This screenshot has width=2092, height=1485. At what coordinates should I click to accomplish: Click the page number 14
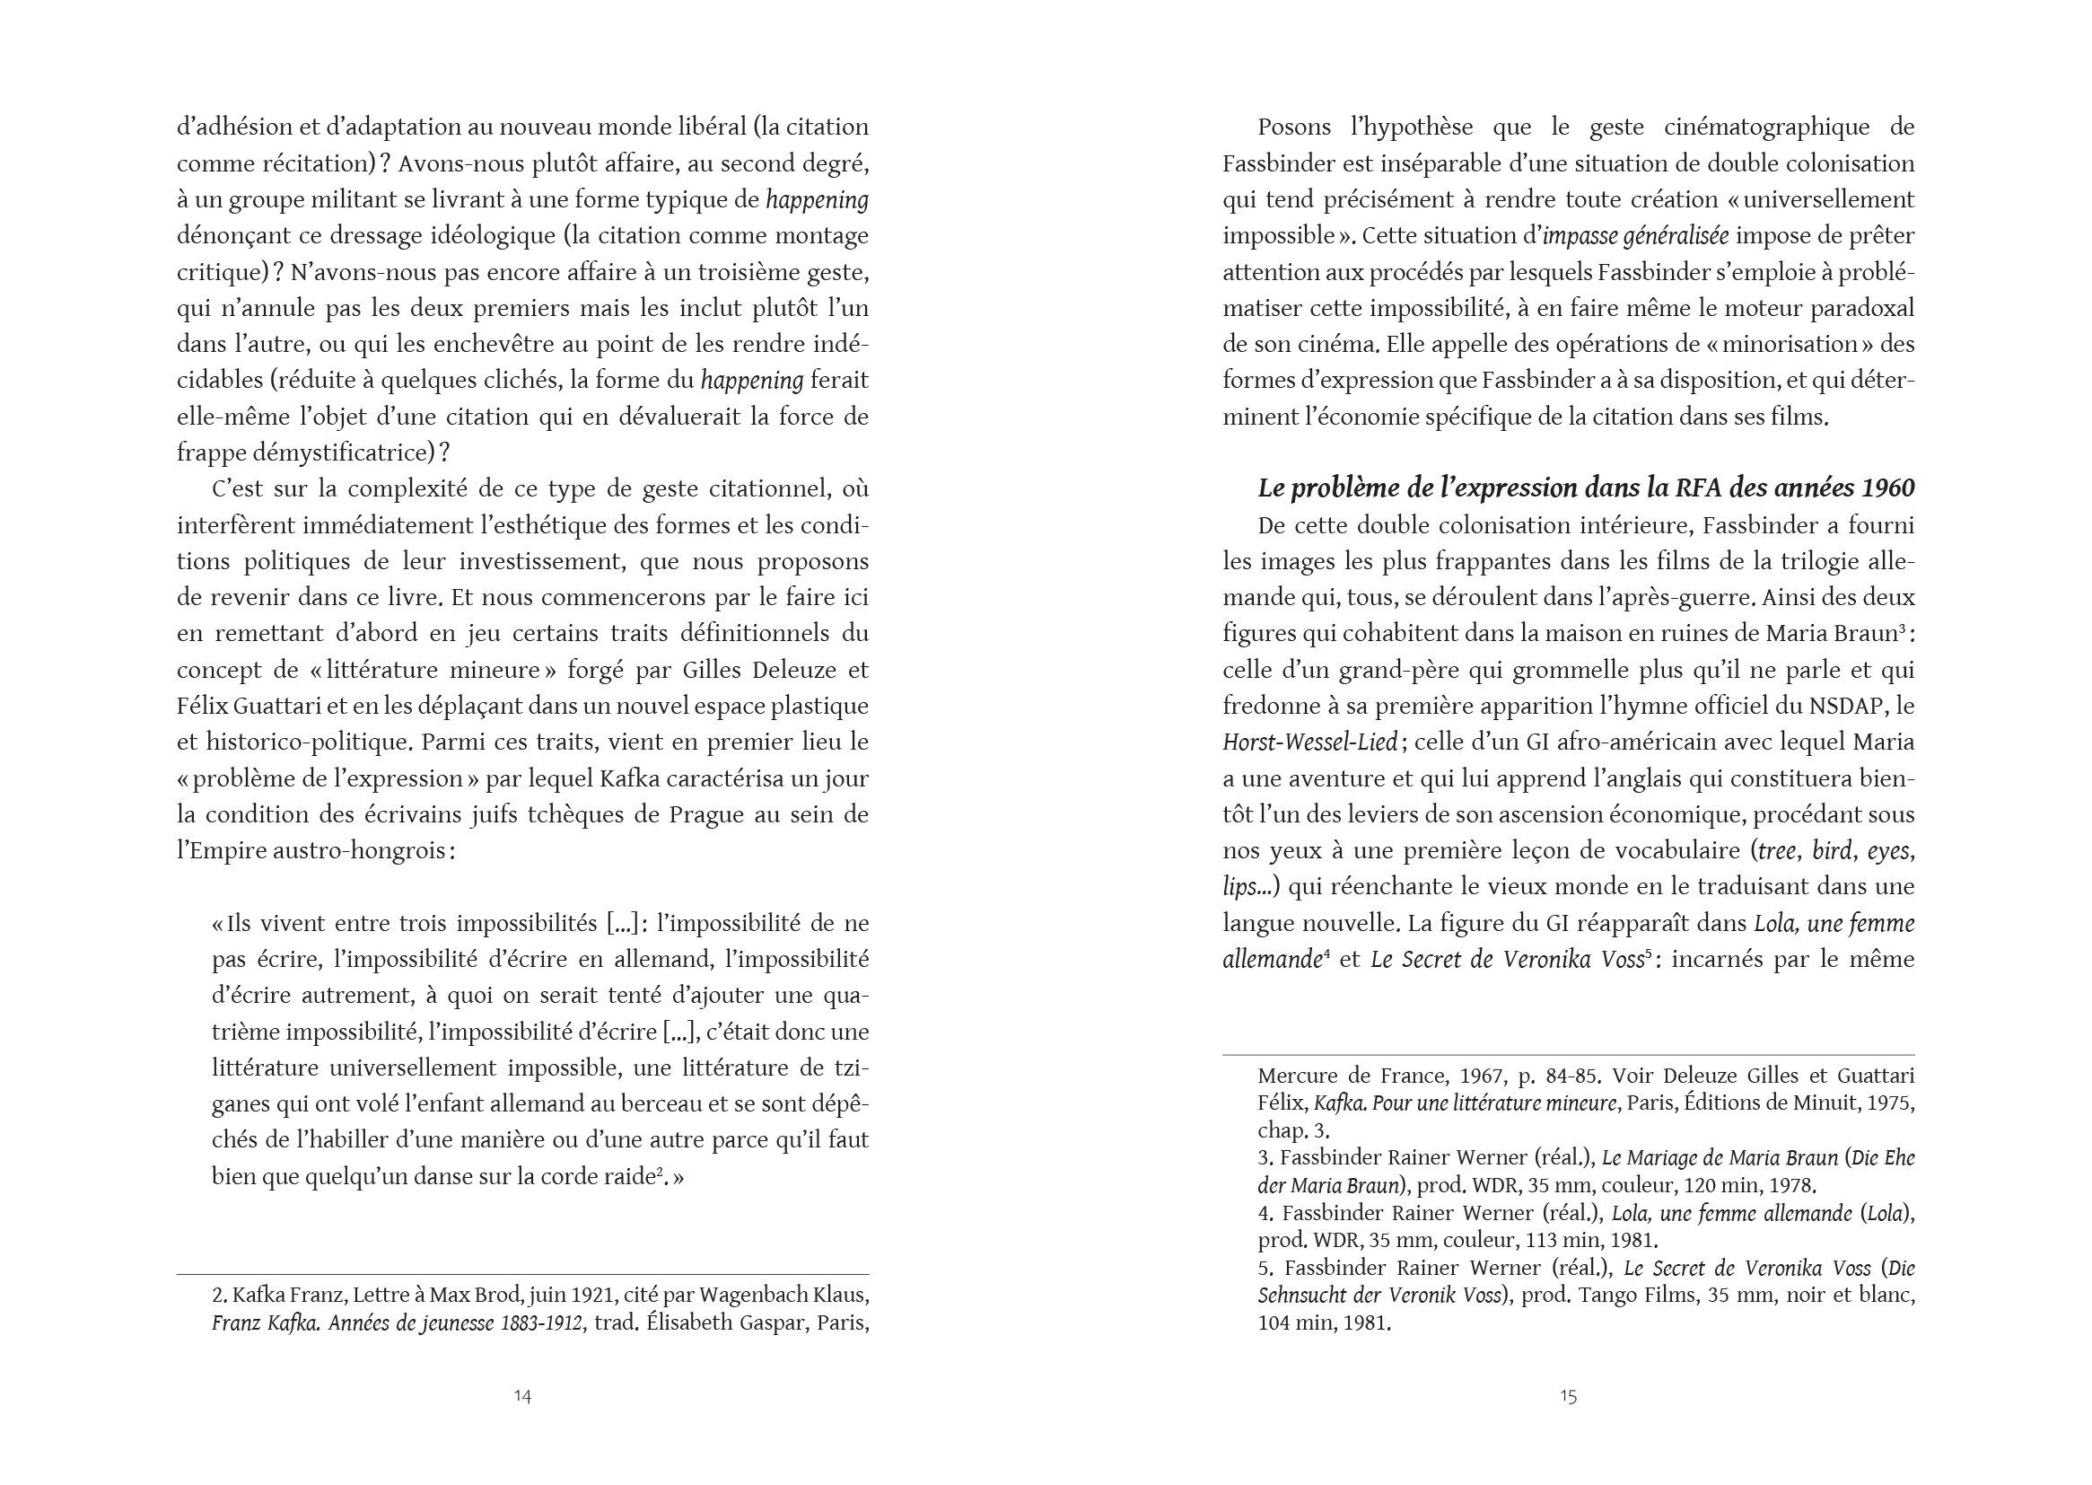point(521,1395)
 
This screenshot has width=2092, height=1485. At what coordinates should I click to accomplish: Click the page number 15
point(1568,1395)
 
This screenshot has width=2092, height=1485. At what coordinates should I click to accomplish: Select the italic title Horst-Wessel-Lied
point(1309,742)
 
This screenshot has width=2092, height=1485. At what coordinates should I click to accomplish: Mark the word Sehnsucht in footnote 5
point(1318,1296)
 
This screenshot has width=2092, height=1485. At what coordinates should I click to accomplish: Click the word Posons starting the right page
point(1294,127)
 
